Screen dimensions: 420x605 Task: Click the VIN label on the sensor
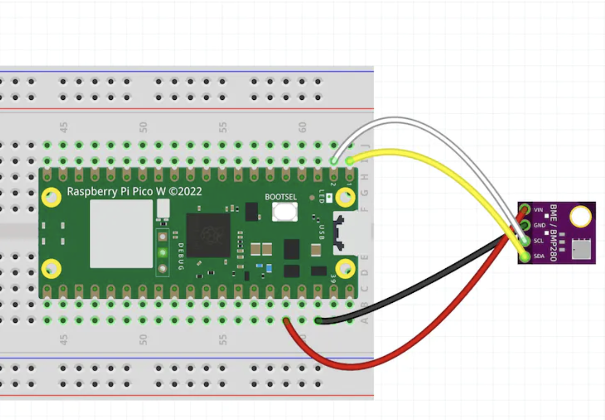538,210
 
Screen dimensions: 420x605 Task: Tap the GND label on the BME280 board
539,225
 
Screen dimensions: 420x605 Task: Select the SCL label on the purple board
538,241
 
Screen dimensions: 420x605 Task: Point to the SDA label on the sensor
538,256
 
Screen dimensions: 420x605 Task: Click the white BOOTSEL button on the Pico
285,211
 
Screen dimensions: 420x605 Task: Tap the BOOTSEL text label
281,197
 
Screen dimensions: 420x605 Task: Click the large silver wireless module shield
121,234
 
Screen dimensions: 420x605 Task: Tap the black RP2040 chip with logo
208,235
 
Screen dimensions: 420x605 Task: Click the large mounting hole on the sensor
580,217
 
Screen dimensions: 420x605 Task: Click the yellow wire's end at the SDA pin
524,257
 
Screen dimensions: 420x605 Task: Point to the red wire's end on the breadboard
287,320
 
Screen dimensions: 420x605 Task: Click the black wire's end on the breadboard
318,320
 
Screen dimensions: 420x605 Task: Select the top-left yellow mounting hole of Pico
51,198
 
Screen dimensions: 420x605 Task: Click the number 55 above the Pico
223,128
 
